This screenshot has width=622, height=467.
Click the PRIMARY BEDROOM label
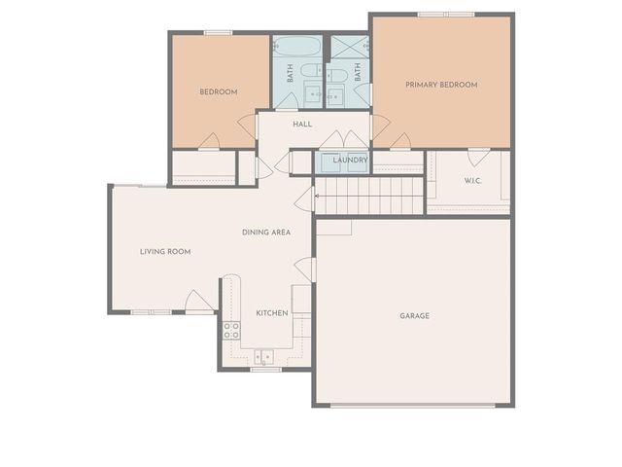pyautogui.click(x=441, y=85)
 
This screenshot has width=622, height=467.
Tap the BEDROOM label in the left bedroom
pyautogui.click(x=219, y=92)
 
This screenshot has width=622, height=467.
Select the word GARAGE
pyautogui.click(x=414, y=315)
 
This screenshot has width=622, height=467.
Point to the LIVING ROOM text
pyautogui.click(x=165, y=251)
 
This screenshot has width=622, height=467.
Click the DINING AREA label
pyautogui.click(x=266, y=233)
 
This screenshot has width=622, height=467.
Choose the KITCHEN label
pyautogui.click(x=272, y=313)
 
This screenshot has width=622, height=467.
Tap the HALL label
pyautogui.click(x=302, y=124)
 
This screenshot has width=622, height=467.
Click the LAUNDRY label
pyautogui.click(x=350, y=160)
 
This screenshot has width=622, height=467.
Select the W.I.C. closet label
pyautogui.click(x=473, y=180)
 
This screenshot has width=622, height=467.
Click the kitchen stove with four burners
pyautogui.click(x=231, y=330)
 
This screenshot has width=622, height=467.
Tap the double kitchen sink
pyautogui.click(x=265, y=355)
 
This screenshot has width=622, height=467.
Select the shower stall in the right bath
pyautogui.click(x=349, y=46)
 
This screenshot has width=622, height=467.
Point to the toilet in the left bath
pyautogui.click(x=310, y=70)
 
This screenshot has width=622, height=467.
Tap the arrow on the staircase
pyautogui.click(x=304, y=200)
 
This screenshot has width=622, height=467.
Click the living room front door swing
pyautogui.click(x=199, y=302)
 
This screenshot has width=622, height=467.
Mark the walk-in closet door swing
pyautogui.click(x=478, y=156)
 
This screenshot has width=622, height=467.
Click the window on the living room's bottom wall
pyautogui.click(x=151, y=312)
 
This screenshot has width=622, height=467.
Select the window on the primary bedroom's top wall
pyautogui.click(x=446, y=15)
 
